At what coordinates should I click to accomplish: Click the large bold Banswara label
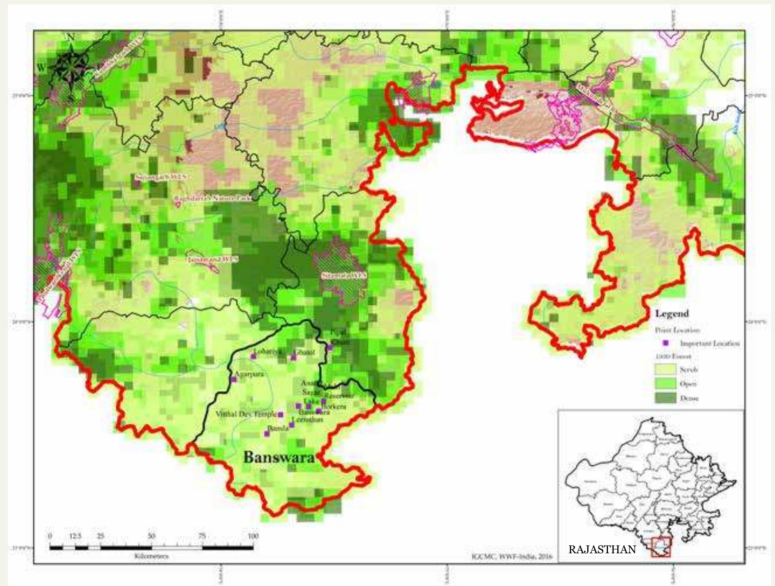(x=279, y=457)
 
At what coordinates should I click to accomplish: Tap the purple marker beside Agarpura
(x=234, y=379)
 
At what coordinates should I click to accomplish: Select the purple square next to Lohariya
(x=254, y=356)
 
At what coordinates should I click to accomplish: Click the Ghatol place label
(x=304, y=352)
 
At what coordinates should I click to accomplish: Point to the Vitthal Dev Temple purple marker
(x=280, y=414)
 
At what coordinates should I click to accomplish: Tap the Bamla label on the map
(x=278, y=428)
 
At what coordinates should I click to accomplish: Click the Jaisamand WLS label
(x=212, y=259)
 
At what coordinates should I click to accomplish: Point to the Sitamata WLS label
(x=344, y=276)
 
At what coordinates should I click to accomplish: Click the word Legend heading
(x=672, y=313)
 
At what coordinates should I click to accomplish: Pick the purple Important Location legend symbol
(x=666, y=343)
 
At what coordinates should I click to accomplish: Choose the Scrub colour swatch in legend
(x=665, y=369)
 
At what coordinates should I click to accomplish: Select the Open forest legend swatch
(x=665, y=384)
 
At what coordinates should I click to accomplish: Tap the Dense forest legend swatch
(x=665, y=398)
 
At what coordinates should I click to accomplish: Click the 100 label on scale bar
(x=253, y=536)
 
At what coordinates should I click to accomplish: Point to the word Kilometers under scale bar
(x=151, y=556)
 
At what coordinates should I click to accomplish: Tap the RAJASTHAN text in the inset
(x=602, y=549)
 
